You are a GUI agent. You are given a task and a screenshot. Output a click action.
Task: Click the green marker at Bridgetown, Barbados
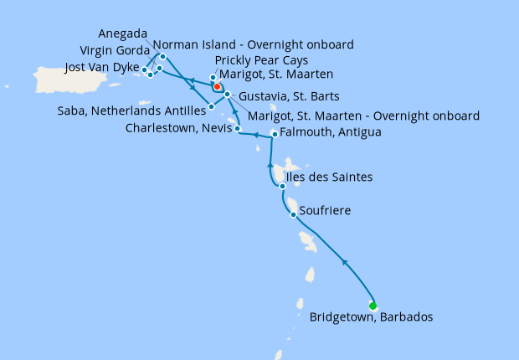(373, 306)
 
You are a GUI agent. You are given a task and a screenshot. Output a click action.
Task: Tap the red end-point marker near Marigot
(217, 86)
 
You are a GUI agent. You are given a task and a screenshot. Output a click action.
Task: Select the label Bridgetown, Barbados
(371, 317)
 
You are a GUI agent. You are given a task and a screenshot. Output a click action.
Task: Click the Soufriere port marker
(292, 215)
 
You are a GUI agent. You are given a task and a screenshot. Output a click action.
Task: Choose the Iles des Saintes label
(329, 177)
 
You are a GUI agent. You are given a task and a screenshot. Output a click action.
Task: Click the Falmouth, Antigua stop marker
(275, 135)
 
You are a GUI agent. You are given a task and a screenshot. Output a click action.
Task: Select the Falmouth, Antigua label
(330, 132)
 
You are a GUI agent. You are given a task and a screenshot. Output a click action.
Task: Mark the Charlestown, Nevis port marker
(238, 129)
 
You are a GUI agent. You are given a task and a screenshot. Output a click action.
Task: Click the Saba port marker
(211, 106)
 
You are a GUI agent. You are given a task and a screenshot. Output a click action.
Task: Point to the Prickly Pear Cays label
(261, 61)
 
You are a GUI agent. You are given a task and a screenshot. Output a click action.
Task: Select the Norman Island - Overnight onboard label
(253, 44)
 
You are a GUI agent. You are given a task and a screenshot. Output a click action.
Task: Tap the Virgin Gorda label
(113, 50)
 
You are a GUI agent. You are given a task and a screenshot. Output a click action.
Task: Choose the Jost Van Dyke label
(102, 67)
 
